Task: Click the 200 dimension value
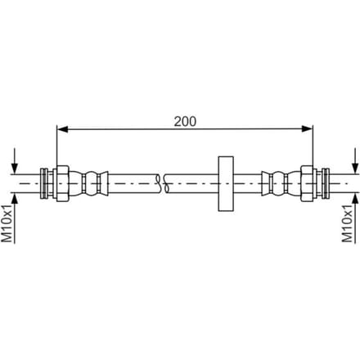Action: click(x=185, y=121)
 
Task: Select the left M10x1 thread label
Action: click(x=7, y=223)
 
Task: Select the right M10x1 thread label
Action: click(x=348, y=223)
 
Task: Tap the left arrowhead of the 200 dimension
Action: click(x=62, y=128)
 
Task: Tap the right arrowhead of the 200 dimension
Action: click(x=307, y=128)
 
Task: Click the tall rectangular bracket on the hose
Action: click(x=226, y=183)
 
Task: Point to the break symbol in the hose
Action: click(x=162, y=183)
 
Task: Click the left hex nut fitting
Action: click(x=62, y=183)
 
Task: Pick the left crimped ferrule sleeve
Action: click(x=89, y=183)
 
